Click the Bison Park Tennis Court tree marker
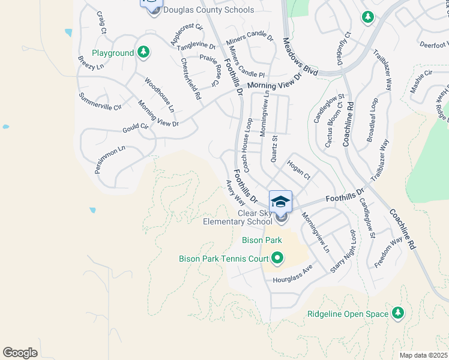pyautogui.click(x=277, y=259)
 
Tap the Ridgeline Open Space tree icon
pyautogui.click(x=397, y=313)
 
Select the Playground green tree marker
pyautogui.click(x=143, y=53)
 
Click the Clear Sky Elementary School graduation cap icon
pyautogui.click(x=280, y=202)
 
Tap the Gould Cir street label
pyautogui.click(x=135, y=127)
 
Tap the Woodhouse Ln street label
pyautogui.click(x=159, y=94)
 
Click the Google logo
pyautogui.click(x=20, y=353)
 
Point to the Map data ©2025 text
pyautogui.click(x=423, y=355)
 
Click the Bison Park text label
pyautogui.click(x=261, y=240)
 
